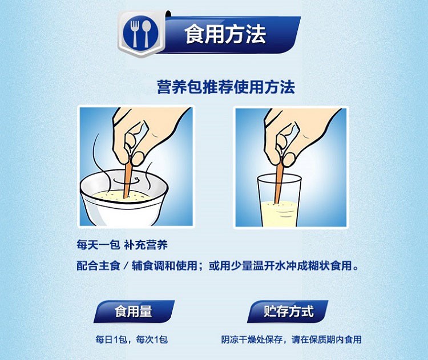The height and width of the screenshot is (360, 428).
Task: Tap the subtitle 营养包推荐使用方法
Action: [225, 87]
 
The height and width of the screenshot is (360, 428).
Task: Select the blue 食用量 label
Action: [134, 312]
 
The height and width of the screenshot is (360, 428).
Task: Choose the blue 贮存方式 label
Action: [289, 312]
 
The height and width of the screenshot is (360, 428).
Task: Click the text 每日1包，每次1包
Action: [131, 339]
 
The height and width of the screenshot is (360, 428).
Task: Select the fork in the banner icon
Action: [134, 34]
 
